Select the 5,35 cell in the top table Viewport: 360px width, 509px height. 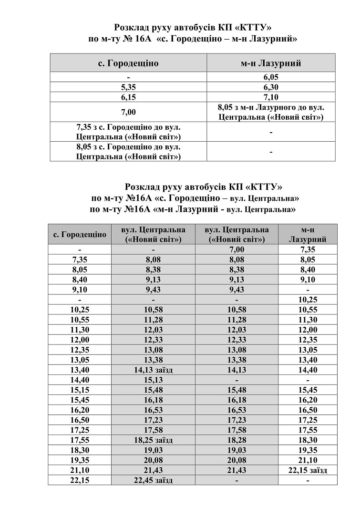pyautogui.click(x=128, y=87)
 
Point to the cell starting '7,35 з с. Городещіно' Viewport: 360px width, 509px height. pyautogui.click(x=128, y=132)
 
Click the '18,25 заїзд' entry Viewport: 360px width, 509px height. pyautogui.click(x=153, y=440)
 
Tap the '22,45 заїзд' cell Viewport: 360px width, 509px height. pyautogui.click(x=153, y=480)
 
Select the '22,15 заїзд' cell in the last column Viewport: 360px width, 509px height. pyautogui.click(x=308, y=470)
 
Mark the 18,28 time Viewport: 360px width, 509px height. pyautogui.click(x=237, y=440)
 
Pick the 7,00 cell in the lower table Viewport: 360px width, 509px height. pyautogui.click(x=237, y=249)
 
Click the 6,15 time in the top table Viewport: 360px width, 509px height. pyautogui.click(x=128, y=97)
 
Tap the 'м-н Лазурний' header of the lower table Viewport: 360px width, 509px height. pyautogui.click(x=308, y=234)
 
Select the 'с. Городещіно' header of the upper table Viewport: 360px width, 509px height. pyautogui.click(x=128, y=63)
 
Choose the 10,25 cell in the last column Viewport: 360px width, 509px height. pyautogui.click(x=308, y=300)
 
